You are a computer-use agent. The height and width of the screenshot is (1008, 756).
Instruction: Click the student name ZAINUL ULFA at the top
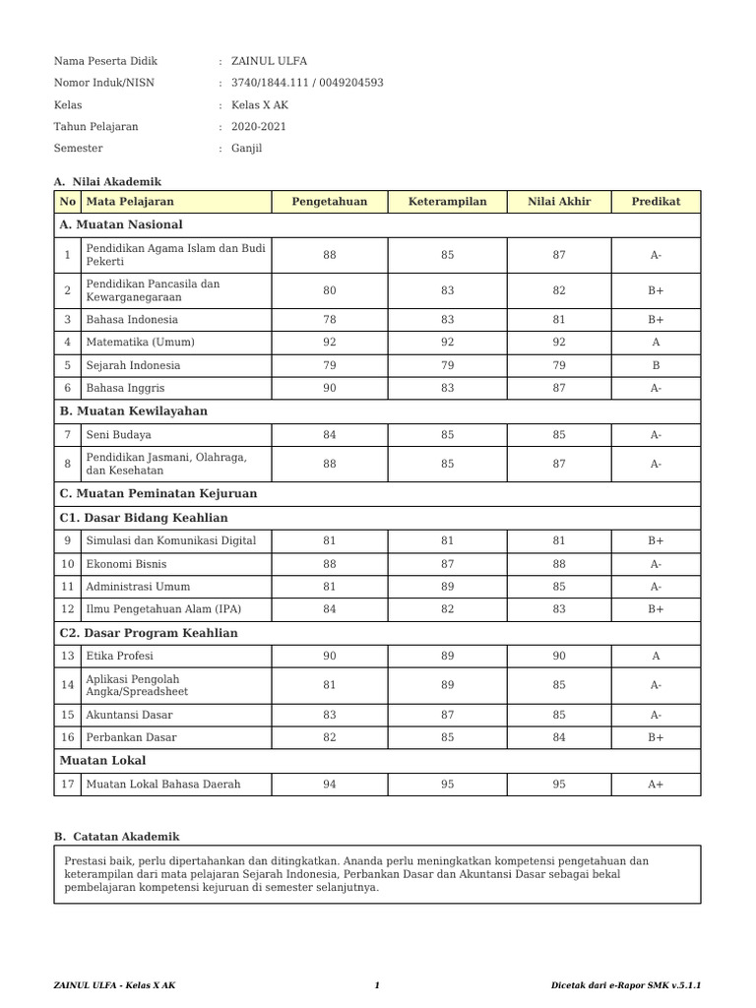(x=270, y=61)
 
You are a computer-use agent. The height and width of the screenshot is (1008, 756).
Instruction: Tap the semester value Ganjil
(x=247, y=149)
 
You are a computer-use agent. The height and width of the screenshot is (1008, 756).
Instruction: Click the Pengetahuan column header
(x=329, y=202)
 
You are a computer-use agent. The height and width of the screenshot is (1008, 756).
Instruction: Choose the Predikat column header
(x=656, y=202)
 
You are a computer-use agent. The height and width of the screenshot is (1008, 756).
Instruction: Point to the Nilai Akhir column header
(x=559, y=202)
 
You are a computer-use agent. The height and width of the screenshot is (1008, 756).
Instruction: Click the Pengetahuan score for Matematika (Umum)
(x=329, y=343)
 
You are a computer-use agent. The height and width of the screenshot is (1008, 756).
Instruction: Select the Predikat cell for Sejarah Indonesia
(x=656, y=365)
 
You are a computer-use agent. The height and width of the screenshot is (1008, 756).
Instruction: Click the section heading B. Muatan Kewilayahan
(x=134, y=411)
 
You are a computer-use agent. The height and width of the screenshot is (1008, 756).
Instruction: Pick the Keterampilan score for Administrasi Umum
(x=448, y=587)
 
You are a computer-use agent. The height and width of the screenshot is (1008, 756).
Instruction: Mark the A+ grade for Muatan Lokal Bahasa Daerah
(x=656, y=785)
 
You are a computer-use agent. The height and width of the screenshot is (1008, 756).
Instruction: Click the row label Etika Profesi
(x=120, y=656)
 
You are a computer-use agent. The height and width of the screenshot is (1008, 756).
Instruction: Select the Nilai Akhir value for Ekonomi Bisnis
(x=559, y=564)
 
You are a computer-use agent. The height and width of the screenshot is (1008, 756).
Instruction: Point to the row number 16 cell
(x=67, y=737)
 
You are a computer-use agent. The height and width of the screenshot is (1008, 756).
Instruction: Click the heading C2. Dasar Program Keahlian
(x=149, y=633)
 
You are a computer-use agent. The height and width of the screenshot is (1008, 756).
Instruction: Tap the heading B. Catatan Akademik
(x=117, y=837)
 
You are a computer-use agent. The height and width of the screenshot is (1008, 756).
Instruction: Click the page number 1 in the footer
(x=377, y=985)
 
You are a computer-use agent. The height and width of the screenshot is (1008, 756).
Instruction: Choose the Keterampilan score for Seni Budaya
(x=448, y=435)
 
